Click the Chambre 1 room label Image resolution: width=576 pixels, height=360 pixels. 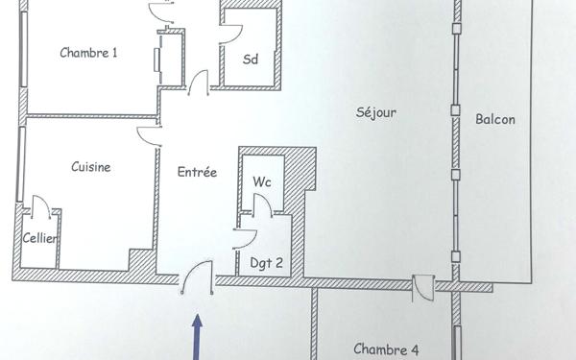coord(88,53)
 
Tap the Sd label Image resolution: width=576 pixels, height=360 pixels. coord(251,59)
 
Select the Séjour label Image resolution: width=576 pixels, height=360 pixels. coord(375,112)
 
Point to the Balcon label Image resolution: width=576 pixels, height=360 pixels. coord(495,120)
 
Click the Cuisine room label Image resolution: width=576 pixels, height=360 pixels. coord(91,166)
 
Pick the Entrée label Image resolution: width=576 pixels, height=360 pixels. coord(197,173)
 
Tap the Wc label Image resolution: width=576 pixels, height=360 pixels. coord(262,180)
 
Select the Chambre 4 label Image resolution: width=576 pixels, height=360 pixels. coord(386,349)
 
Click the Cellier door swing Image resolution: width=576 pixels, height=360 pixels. coord(41,206)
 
